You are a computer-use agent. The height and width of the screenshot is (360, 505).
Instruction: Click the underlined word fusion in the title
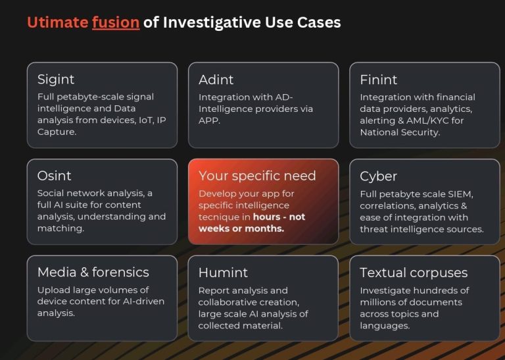click(x=116, y=22)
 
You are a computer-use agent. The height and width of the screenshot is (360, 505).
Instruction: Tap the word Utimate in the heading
click(x=57, y=22)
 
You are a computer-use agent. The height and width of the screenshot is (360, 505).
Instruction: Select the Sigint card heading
click(x=56, y=80)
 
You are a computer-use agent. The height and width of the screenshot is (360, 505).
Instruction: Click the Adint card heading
click(x=216, y=80)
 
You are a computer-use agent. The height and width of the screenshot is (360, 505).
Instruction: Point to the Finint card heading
click(x=379, y=80)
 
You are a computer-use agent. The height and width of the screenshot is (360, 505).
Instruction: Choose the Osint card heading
click(x=54, y=176)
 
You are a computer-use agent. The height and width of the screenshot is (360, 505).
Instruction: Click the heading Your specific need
click(x=257, y=176)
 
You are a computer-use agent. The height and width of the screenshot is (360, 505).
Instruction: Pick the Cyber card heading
click(x=378, y=176)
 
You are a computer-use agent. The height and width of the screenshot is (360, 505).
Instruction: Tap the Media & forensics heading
click(x=93, y=272)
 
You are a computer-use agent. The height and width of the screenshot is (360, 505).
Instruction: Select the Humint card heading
click(x=223, y=272)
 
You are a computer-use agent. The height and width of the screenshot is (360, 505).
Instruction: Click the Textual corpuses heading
click(x=414, y=273)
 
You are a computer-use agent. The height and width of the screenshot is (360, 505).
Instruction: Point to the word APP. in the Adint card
click(x=209, y=120)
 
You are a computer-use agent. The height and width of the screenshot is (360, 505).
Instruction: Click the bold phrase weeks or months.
click(x=241, y=228)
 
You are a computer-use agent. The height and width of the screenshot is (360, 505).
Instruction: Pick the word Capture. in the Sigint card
click(x=57, y=132)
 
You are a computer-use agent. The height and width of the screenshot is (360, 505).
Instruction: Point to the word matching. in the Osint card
click(x=60, y=228)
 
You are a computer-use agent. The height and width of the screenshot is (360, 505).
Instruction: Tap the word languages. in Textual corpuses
click(x=385, y=326)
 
